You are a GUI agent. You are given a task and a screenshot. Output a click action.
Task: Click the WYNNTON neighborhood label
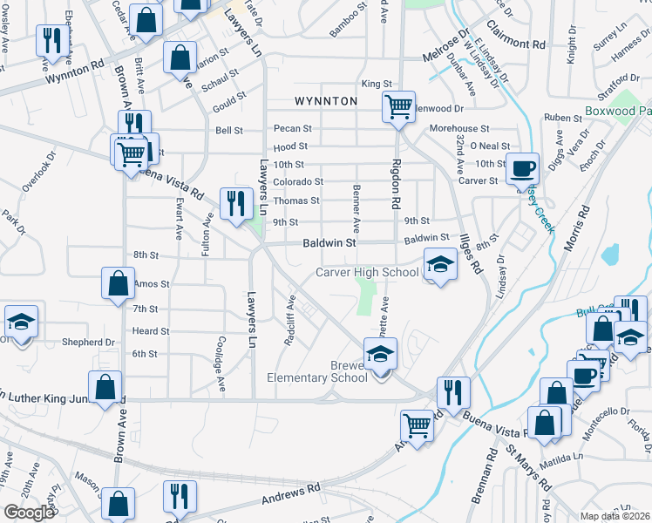(x=326, y=101)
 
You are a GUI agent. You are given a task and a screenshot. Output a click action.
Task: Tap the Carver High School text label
(x=367, y=272)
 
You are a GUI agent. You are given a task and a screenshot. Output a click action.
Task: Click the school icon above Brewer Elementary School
(x=381, y=356)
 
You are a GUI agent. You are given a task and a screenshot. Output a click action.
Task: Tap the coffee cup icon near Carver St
(x=523, y=168)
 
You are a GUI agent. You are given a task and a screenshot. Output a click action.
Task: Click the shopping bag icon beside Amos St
(x=118, y=284)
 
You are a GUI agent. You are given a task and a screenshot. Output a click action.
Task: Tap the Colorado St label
(x=299, y=182)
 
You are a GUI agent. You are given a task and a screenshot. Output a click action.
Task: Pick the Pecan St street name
(x=292, y=128)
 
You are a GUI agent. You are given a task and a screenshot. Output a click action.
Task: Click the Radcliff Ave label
(x=290, y=321)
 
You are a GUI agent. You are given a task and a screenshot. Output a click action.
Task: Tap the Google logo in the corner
(x=29, y=513)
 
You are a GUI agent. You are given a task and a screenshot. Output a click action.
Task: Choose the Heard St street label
(x=150, y=331)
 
